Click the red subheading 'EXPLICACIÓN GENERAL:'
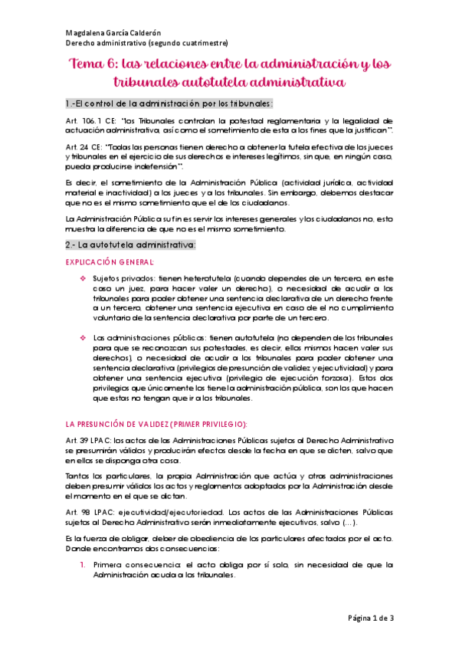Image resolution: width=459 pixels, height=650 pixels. (104, 262)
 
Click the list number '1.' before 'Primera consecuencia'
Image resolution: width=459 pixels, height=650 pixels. (84, 565)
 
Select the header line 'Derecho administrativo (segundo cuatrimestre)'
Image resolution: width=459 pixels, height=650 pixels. (146, 44)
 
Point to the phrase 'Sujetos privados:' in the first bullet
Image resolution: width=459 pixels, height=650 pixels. (123, 277)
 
